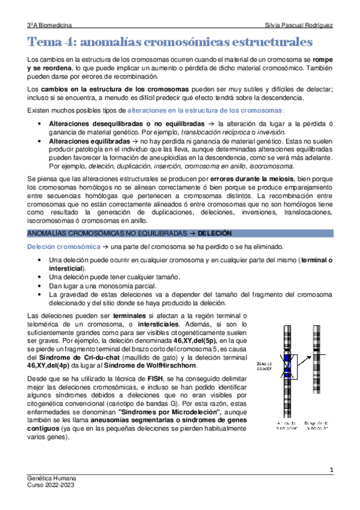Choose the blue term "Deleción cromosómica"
(x=63, y=247)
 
